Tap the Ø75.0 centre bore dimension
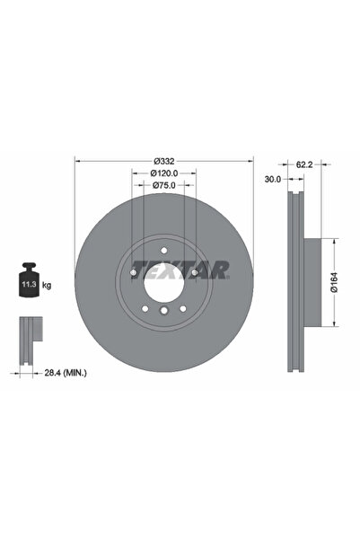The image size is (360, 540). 163,186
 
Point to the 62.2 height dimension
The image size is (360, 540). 303,164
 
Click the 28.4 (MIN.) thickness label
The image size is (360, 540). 57,371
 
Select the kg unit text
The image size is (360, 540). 47,285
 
